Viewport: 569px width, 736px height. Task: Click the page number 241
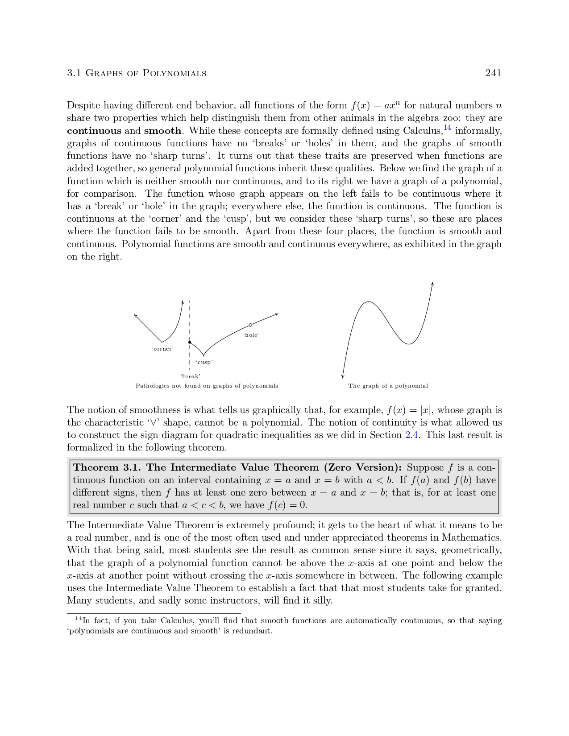pos(493,73)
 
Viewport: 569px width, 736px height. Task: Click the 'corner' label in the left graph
pos(162,349)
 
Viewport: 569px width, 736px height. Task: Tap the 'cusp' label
pos(204,362)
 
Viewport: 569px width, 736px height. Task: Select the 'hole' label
pos(251,335)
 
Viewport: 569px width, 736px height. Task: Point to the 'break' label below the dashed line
pos(190,376)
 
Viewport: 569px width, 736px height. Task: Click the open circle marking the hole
pos(250,325)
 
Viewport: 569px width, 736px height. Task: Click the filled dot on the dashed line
pos(190,342)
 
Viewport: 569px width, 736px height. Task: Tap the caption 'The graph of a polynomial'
pos(388,386)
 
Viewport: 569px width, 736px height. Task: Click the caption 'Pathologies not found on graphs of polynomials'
pos(207,386)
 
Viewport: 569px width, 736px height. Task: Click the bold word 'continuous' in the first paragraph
pos(94,131)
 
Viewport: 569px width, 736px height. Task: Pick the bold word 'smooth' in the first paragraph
pos(162,131)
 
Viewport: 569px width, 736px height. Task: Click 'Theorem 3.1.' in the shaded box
pos(107,467)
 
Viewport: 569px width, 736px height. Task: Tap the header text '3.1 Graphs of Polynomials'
pos(137,73)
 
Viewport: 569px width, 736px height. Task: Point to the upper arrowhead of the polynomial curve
pos(432,283)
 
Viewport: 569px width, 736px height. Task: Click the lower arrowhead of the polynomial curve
pos(343,376)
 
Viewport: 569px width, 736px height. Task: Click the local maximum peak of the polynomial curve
pos(368,302)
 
